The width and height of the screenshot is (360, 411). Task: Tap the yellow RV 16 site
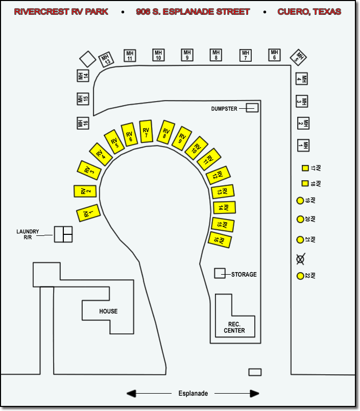tap(220, 240)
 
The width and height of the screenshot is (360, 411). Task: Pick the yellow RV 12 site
tap(218, 175)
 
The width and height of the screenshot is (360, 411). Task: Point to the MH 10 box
tap(158, 55)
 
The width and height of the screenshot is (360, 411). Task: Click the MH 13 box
tap(106, 60)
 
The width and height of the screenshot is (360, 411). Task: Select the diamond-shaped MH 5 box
tap(298, 58)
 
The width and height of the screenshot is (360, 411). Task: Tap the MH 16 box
tap(83, 123)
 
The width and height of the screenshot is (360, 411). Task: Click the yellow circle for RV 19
tap(300, 201)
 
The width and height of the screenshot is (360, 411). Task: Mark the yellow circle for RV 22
tap(300, 276)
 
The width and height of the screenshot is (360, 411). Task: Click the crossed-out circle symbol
tap(300, 259)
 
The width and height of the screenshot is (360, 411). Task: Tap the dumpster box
tap(252, 108)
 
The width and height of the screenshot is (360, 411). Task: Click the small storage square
tap(220, 273)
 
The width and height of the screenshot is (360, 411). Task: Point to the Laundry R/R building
tap(63, 234)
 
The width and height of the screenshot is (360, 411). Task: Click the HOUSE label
tap(108, 311)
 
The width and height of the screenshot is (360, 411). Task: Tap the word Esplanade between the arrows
tap(193, 394)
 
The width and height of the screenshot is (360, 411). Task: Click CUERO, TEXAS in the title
tap(309, 12)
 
